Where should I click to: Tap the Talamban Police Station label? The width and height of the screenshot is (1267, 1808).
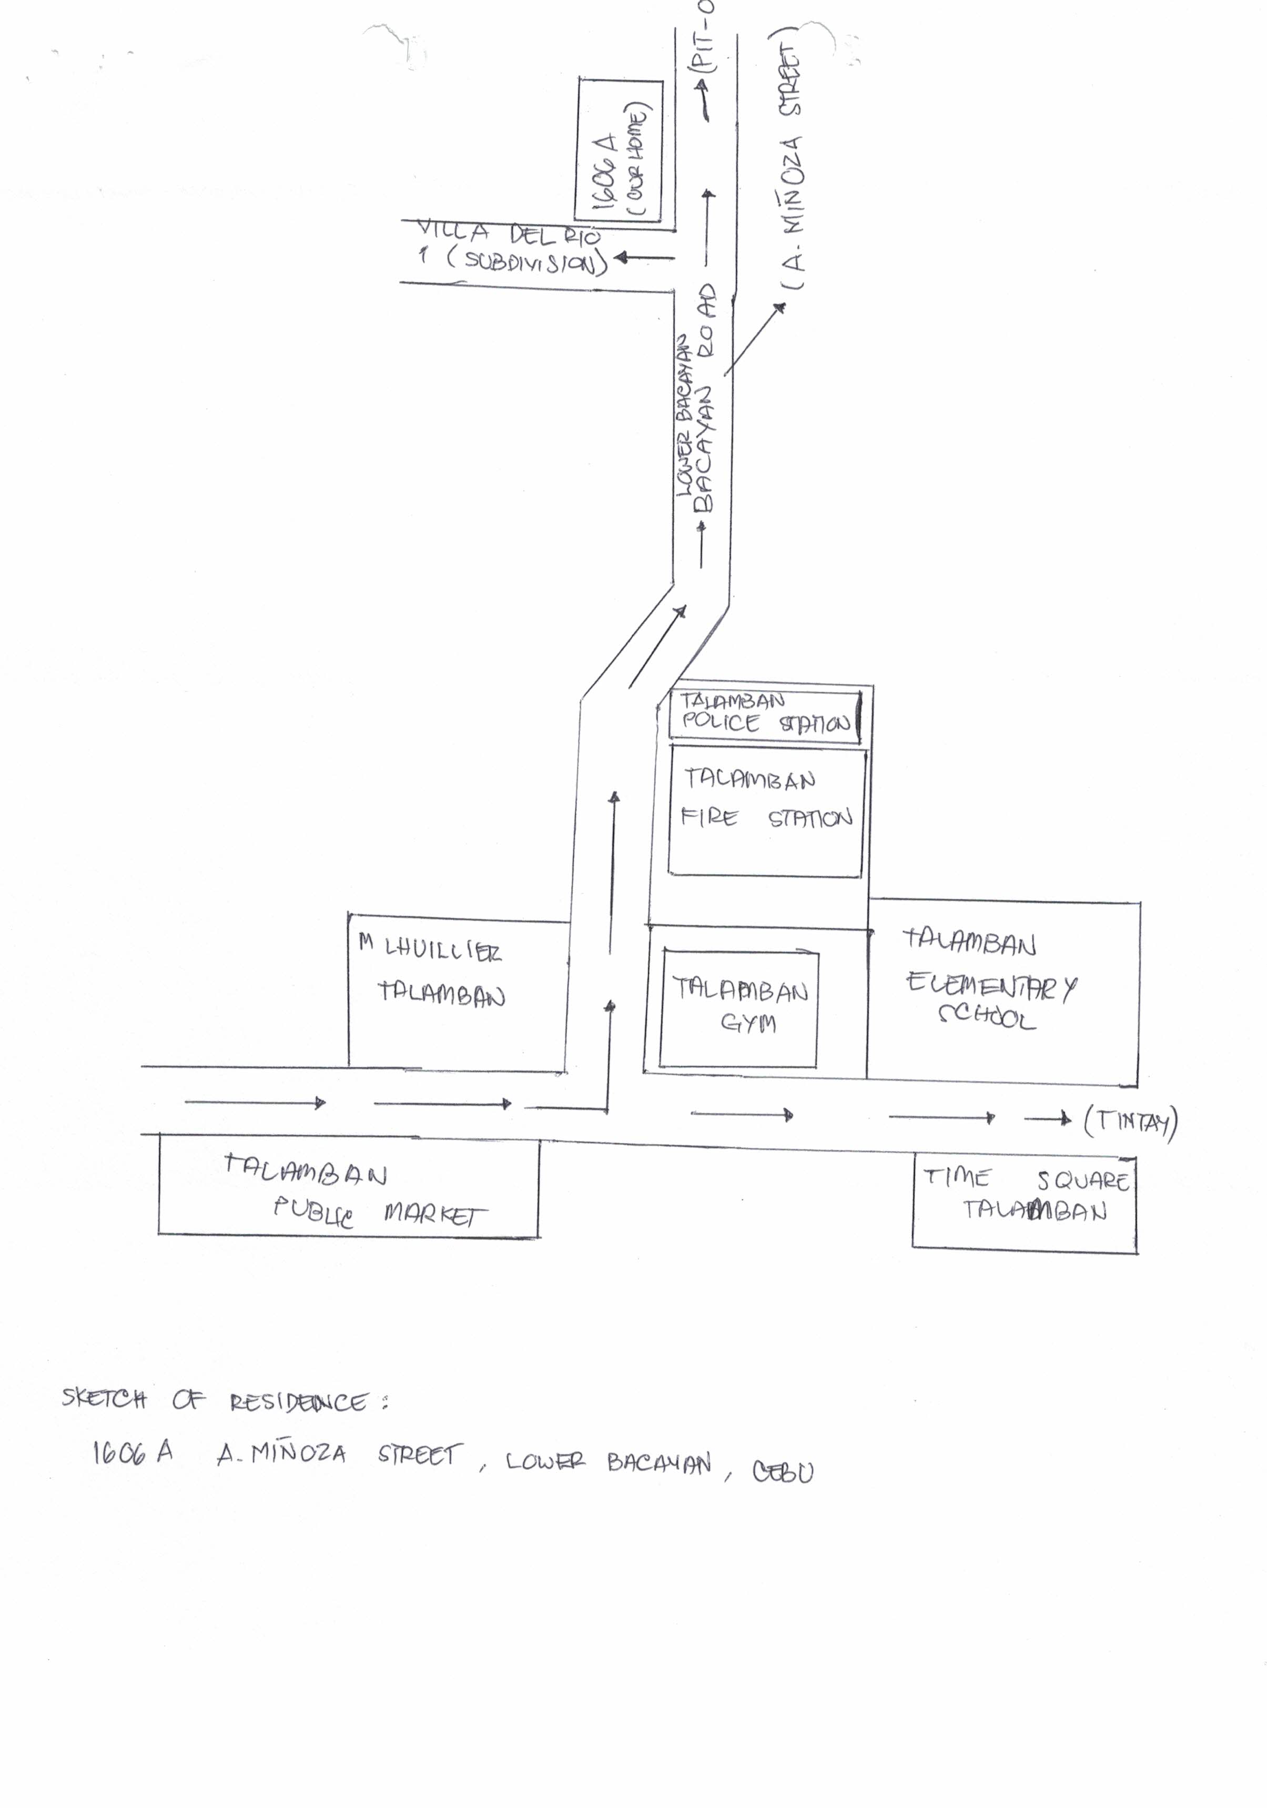coord(764,713)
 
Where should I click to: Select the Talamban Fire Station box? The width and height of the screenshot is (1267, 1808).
coord(765,811)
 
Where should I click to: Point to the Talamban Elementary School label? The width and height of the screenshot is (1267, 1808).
coord(989,981)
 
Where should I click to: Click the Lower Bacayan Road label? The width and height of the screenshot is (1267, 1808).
coord(696,401)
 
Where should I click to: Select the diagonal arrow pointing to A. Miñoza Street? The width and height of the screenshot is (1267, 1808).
coord(754,339)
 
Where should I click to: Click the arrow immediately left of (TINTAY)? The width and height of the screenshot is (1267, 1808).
coord(1047,1119)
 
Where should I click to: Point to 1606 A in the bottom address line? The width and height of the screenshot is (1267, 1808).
coord(133,1453)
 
